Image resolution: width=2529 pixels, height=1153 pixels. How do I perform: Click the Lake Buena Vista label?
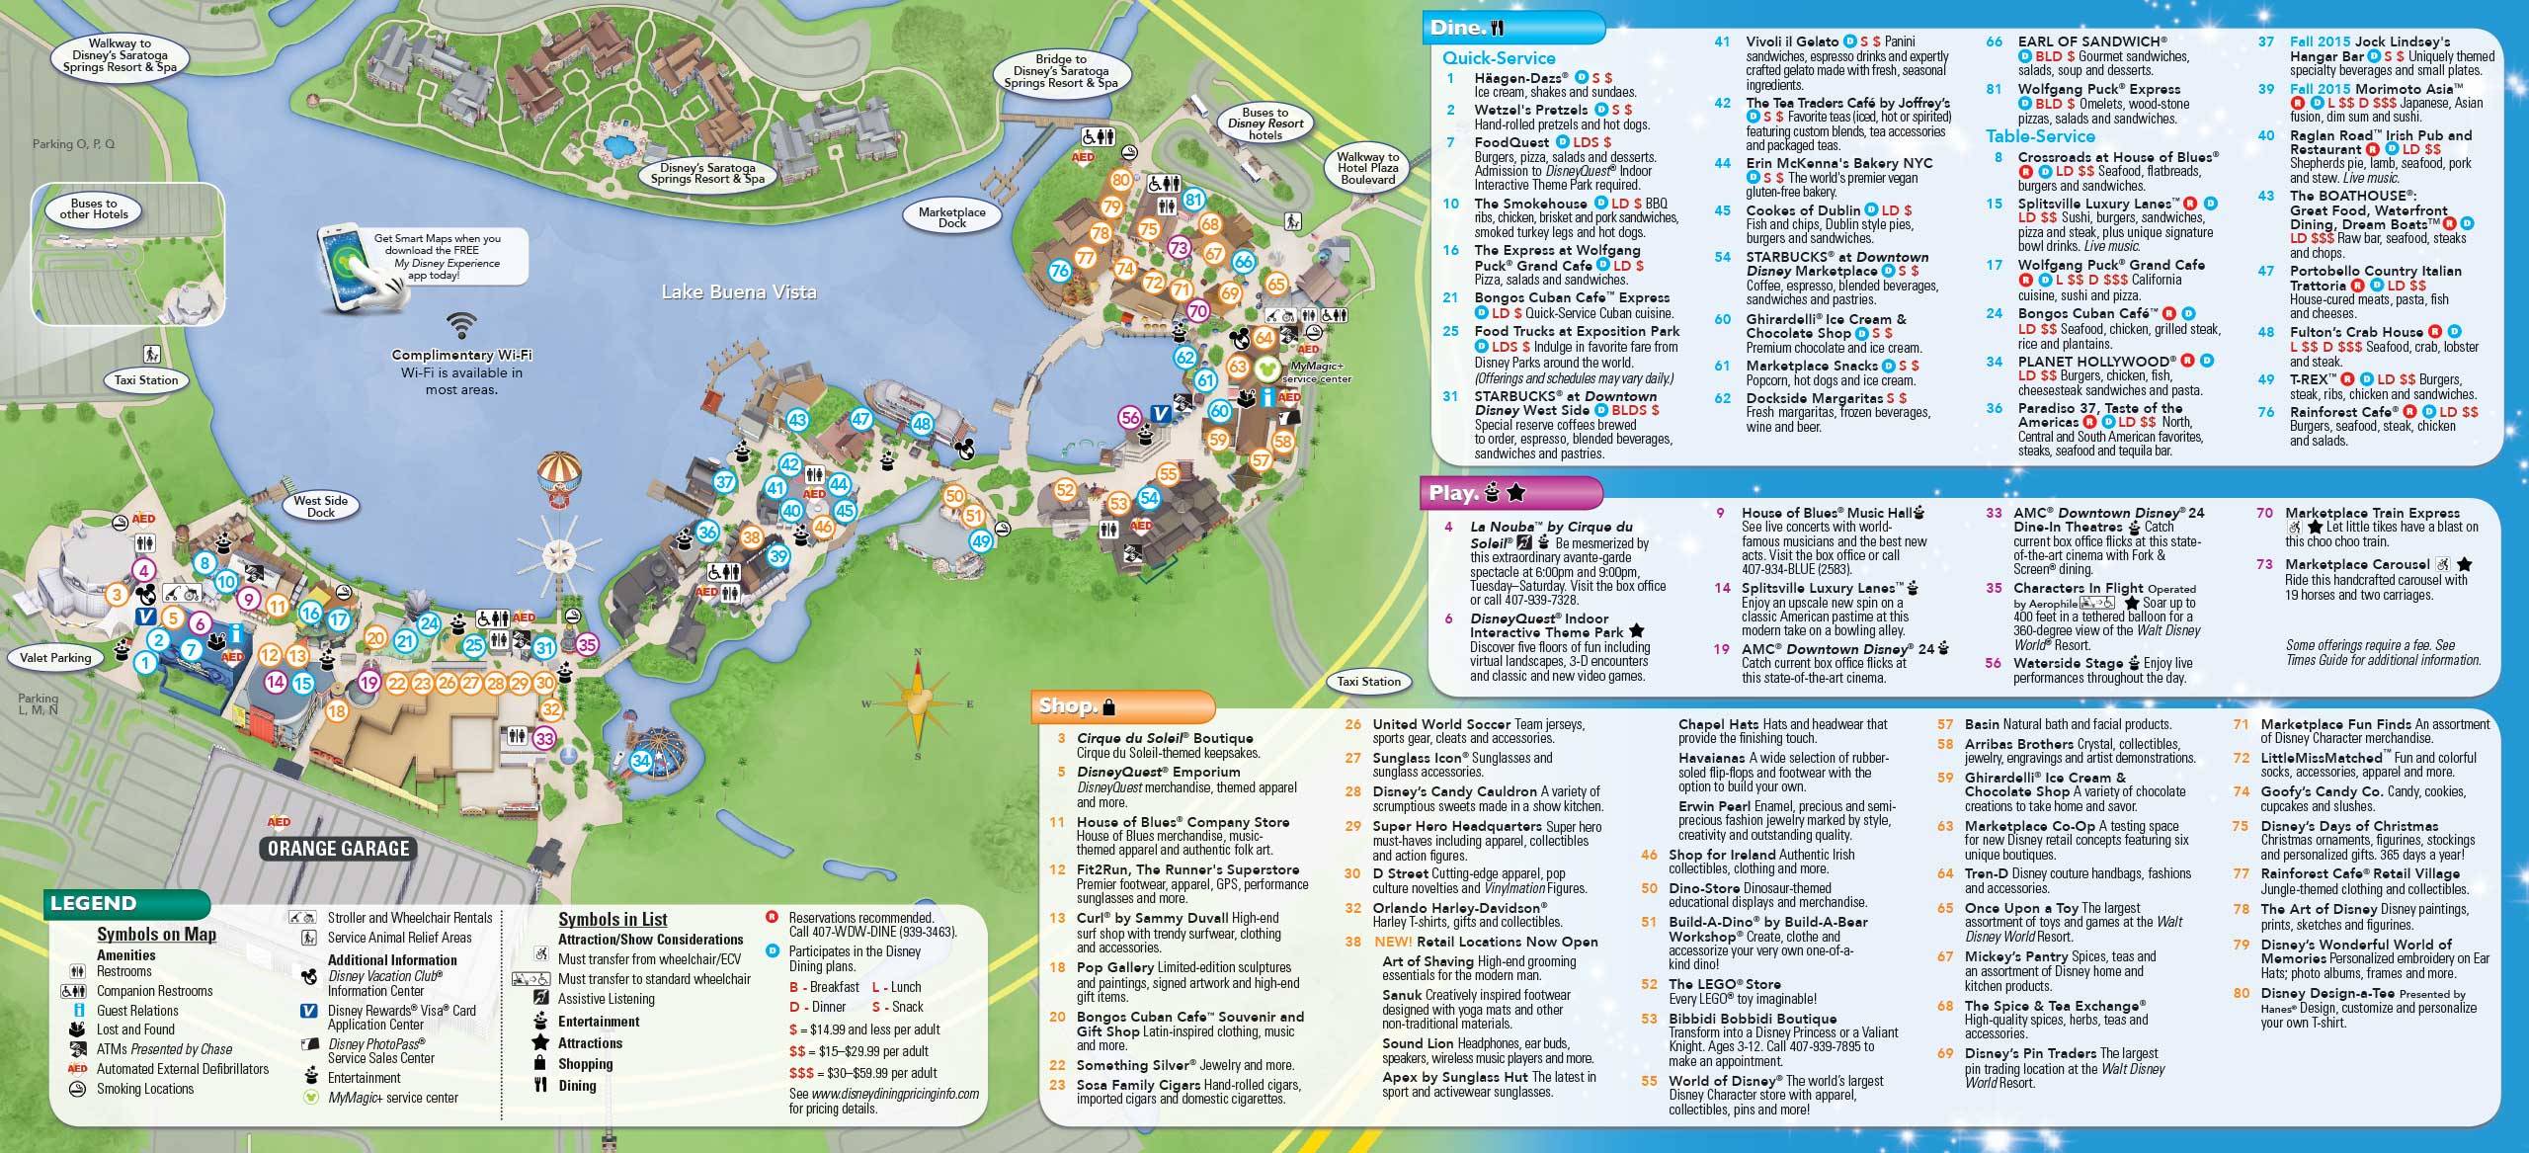coord(739,291)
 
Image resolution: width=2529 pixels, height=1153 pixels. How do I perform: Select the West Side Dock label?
coord(321,507)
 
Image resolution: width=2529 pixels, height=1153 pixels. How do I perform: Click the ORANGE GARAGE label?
coord(338,849)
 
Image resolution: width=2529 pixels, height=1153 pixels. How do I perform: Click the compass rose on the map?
coord(918,703)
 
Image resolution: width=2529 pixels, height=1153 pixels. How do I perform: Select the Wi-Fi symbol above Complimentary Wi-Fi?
coord(460,325)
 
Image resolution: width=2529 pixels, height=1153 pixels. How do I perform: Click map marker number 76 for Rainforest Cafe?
coord(1060,271)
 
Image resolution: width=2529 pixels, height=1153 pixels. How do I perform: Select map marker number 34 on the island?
coord(641,761)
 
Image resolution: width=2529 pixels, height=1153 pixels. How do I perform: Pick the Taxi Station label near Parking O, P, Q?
coord(145,380)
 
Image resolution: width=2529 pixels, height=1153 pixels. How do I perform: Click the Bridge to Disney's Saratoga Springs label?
coord(1061,71)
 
